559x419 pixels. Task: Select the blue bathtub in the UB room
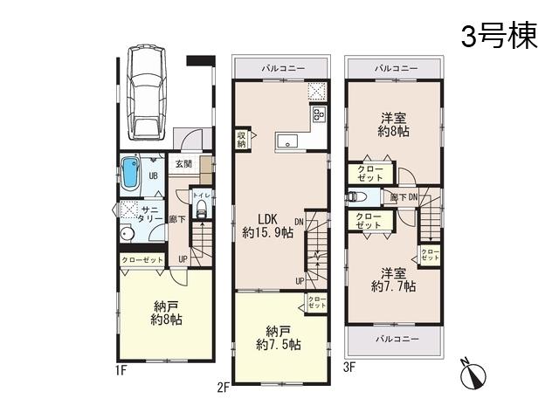coord(130,172)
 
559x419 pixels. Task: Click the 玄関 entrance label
coord(183,163)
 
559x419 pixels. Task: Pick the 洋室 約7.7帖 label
coord(391,278)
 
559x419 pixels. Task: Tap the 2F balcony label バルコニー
coord(283,68)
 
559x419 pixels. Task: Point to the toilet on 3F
coord(355,197)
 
